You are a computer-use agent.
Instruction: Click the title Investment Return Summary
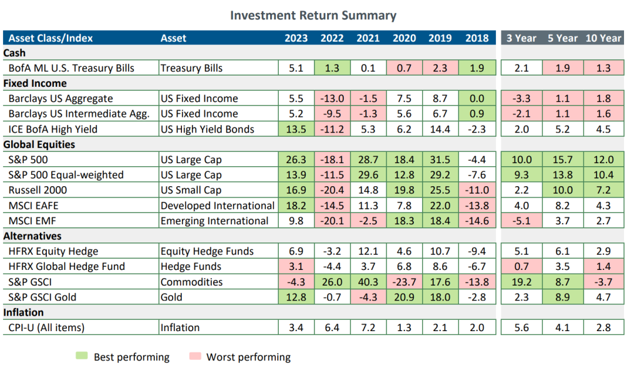313,15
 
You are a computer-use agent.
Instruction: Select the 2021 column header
368,38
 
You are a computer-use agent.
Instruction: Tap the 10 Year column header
603,38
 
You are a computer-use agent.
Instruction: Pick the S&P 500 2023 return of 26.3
296,159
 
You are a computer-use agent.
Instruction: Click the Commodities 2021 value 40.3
368,282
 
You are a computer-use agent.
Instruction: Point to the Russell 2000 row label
38,190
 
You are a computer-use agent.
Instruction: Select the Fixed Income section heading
35,83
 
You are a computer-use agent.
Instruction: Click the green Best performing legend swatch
81,356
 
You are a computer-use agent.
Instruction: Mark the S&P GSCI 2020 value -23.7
405,282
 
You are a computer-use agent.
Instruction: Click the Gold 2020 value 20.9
405,297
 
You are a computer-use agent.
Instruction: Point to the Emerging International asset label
214,221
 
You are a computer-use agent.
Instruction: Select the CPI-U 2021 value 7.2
368,327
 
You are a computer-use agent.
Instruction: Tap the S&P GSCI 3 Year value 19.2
521,282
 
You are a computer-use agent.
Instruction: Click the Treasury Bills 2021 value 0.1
368,67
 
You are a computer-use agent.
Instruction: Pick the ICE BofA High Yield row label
53,129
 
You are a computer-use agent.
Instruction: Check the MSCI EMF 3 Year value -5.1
521,221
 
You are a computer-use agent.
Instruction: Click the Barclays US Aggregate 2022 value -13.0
332,98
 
